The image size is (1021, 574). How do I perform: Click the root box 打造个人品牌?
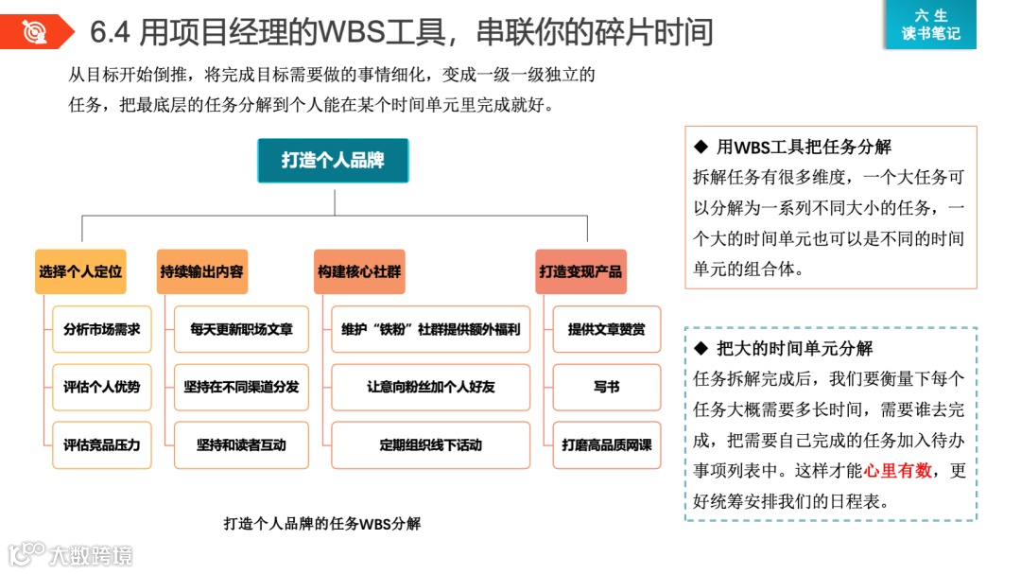pyautogui.click(x=333, y=161)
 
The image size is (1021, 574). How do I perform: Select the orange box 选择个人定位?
pyautogui.click(x=81, y=271)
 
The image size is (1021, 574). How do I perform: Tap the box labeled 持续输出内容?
pyautogui.click(x=201, y=271)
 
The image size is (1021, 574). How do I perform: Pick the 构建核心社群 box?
pyautogui.click(x=359, y=271)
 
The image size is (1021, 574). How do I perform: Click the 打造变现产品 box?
pyautogui.click(x=580, y=271)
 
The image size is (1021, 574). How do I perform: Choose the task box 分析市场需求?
pyautogui.click(x=101, y=329)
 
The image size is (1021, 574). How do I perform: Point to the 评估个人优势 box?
pyautogui.click(x=101, y=387)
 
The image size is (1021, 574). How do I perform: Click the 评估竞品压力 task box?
pyautogui.click(x=101, y=444)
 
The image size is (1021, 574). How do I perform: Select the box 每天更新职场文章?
pyautogui.click(x=241, y=329)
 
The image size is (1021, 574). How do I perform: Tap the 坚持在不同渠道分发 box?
pyautogui.click(x=241, y=387)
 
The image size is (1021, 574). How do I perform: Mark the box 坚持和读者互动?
pyautogui.click(x=241, y=444)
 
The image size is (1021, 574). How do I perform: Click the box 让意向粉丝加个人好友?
pyautogui.click(x=430, y=387)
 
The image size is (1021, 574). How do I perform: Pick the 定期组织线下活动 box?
pyautogui.click(x=430, y=444)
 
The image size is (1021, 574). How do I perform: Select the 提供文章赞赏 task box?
pyautogui.click(x=606, y=329)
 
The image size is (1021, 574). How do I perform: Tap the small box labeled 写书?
pyautogui.click(x=606, y=387)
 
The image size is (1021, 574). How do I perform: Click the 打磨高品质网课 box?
pyautogui.click(x=606, y=444)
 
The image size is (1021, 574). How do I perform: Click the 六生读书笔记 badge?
pyautogui.click(x=930, y=25)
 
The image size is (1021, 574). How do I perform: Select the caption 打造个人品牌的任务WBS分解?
pyautogui.click(x=322, y=523)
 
